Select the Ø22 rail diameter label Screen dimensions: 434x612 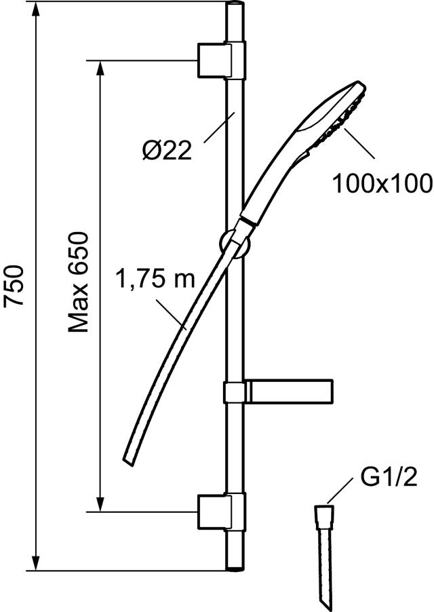click(167, 149)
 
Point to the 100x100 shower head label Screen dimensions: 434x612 click(382, 183)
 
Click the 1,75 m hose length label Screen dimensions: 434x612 click(155, 278)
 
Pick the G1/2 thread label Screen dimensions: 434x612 click(389, 478)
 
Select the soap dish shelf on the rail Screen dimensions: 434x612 click(279, 391)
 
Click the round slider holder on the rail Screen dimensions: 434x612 click(235, 244)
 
